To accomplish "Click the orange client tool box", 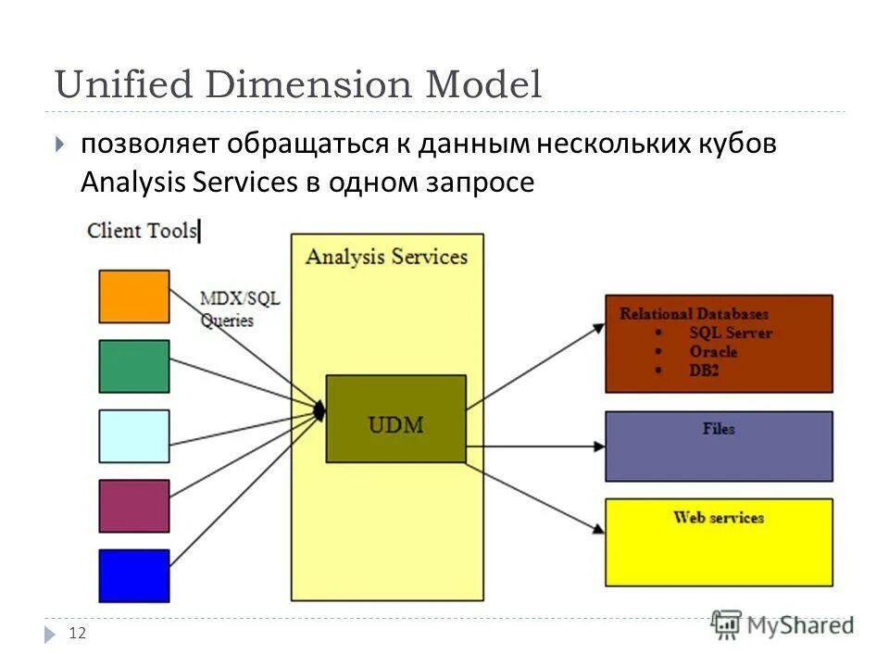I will point(134,296).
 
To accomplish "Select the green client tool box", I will point(134,366).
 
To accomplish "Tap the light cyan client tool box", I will point(134,436).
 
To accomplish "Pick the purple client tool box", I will point(134,506).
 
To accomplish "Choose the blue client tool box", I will point(134,575).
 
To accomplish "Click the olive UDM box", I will point(395,419).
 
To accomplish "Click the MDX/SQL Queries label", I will point(240,309).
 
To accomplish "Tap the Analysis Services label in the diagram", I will point(386,256).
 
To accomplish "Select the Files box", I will point(719,447).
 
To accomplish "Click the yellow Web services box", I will point(719,542).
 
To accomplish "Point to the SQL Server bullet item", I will point(730,333).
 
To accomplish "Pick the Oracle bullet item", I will point(713,352).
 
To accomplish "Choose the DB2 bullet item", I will point(704,371).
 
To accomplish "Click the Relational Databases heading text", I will point(694,313).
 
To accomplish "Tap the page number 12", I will point(77,634).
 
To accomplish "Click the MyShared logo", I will point(783,625).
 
